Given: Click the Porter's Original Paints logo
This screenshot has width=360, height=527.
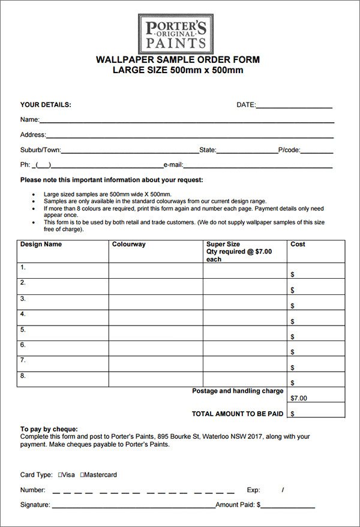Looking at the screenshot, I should [x=175, y=34].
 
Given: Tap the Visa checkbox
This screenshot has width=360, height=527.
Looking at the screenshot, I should [x=61, y=475].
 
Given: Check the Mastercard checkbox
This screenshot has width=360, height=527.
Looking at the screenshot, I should [x=82, y=475].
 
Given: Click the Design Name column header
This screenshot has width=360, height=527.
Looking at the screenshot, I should [x=41, y=245].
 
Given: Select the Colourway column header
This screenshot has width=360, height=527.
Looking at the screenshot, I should [x=128, y=245].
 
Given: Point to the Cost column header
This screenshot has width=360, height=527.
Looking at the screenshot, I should [x=298, y=245].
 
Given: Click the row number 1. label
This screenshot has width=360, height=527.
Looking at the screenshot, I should [x=23, y=267].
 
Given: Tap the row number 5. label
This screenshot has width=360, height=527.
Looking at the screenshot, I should [x=23, y=330].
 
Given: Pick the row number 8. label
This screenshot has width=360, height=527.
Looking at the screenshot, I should [x=23, y=377].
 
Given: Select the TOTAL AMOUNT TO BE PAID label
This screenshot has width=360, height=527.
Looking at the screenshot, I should [x=238, y=414].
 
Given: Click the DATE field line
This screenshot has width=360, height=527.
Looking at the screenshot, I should [x=294, y=107].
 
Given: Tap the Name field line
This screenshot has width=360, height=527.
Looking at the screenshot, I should [x=186, y=122].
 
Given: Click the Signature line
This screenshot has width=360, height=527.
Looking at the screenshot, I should [x=133, y=508].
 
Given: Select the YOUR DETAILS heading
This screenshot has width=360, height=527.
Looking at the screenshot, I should [x=46, y=105].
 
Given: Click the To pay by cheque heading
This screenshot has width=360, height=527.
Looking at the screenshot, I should [x=49, y=429].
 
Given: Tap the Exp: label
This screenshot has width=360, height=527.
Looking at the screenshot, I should [x=253, y=490].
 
